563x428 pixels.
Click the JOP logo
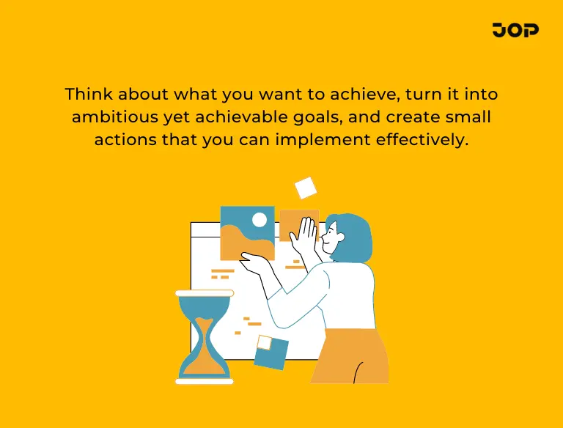[516, 30]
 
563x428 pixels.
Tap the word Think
[86, 95]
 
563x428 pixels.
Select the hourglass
[205, 337]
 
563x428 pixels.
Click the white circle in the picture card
[259, 219]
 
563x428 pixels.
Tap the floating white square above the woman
[305, 188]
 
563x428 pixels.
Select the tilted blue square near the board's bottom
[271, 353]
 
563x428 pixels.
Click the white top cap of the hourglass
[205, 293]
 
